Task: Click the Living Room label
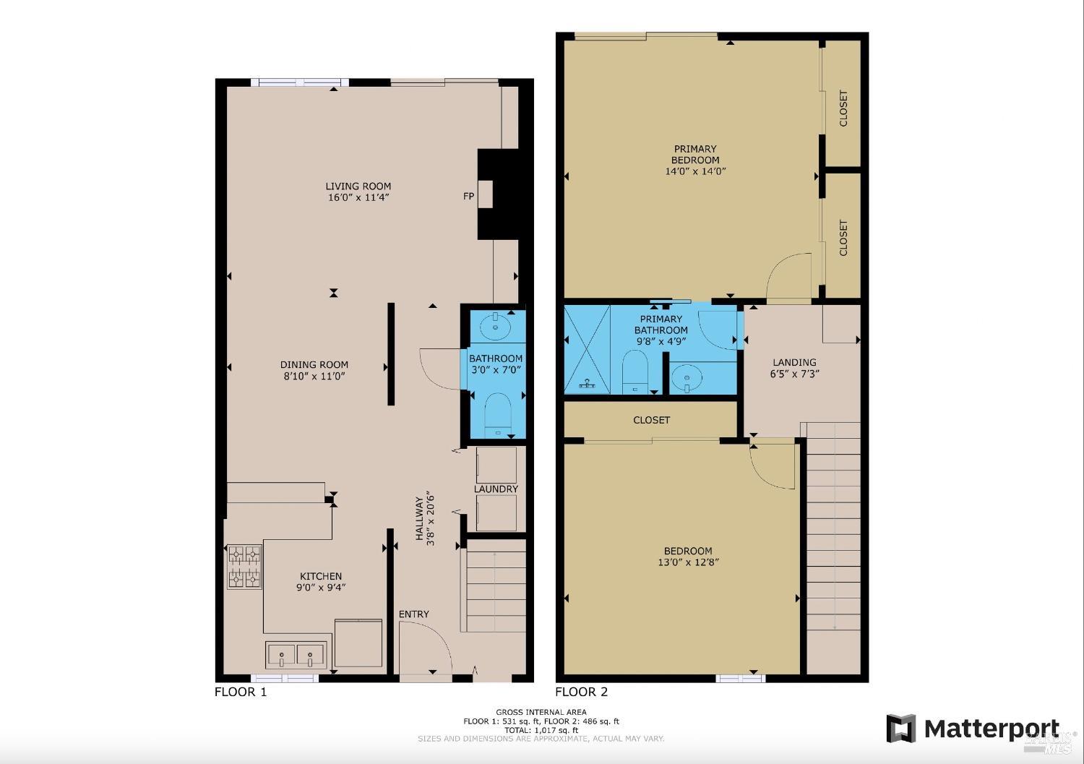pos(358,186)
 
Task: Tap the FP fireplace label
pos(468,196)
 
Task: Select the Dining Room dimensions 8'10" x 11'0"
pos(314,376)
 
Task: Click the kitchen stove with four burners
pos(244,567)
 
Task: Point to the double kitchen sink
pos(296,656)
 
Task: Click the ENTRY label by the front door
pos(413,614)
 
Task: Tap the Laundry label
pos(496,489)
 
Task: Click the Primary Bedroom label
pos(695,154)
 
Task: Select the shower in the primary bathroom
pos(587,350)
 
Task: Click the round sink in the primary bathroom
pos(684,377)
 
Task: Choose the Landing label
pos(794,362)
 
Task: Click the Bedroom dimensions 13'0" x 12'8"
pos(689,562)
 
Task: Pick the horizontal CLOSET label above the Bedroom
pos(651,420)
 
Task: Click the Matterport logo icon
pos(900,729)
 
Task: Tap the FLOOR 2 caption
pos(581,692)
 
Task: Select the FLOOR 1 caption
pos(241,692)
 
